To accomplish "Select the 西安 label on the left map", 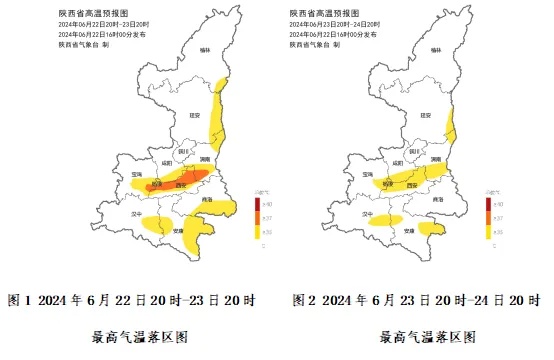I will tap(181, 185).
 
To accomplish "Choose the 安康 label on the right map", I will tap(409, 230).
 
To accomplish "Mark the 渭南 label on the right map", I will tap(435, 159).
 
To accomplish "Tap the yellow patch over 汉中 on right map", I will tap(384, 219).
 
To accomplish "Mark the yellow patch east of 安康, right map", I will tap(432, 229).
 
